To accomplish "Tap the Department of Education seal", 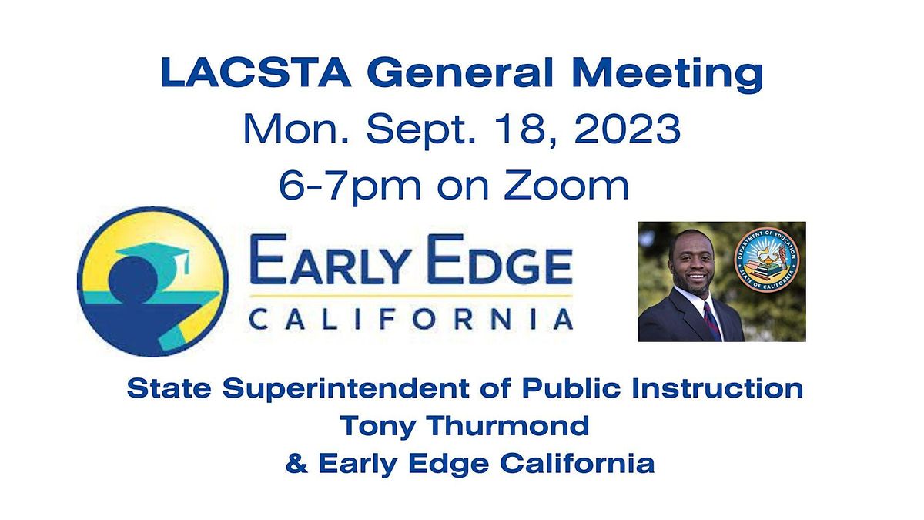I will click(x=765, y=260).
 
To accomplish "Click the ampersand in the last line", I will click(x=294, y=463).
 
